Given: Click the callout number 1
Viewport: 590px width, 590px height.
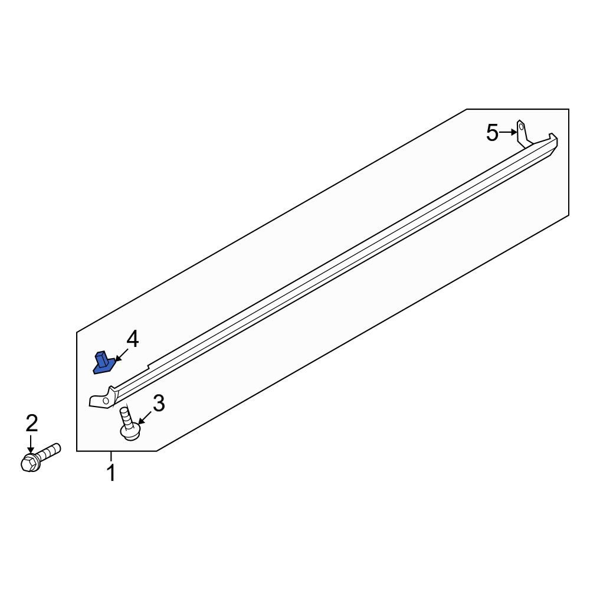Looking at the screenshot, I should point(110,473).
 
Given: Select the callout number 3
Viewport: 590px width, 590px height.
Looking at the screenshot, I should point(158,404).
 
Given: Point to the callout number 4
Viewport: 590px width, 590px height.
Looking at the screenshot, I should point(132,339).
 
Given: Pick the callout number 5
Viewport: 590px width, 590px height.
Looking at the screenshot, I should point(492,133).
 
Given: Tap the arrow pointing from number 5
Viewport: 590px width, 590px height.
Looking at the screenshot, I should point(507,133).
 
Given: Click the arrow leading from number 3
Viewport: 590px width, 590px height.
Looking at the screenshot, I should point(145,417).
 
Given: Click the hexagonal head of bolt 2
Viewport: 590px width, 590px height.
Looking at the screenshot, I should point(28,463).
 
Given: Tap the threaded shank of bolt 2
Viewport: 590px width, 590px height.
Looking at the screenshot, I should point(50,452).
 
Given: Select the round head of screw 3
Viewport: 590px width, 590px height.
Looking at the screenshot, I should point(130,432).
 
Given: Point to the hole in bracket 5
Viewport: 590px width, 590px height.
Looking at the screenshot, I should point(521,126).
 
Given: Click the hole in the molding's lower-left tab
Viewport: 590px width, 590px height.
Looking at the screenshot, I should point(106,401).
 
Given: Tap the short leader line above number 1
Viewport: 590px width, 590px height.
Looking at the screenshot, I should point(110,455).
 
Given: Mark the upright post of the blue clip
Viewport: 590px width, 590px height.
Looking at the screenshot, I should point(101,358).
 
